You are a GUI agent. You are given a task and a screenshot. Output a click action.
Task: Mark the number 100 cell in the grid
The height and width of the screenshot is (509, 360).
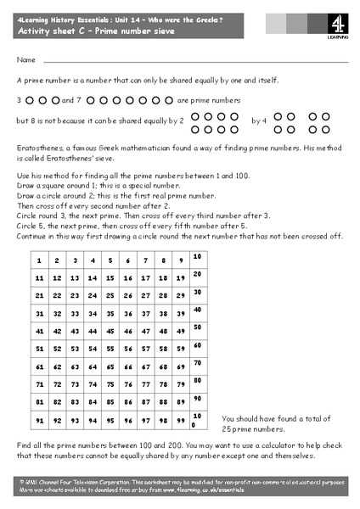(x=197, y=419)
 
